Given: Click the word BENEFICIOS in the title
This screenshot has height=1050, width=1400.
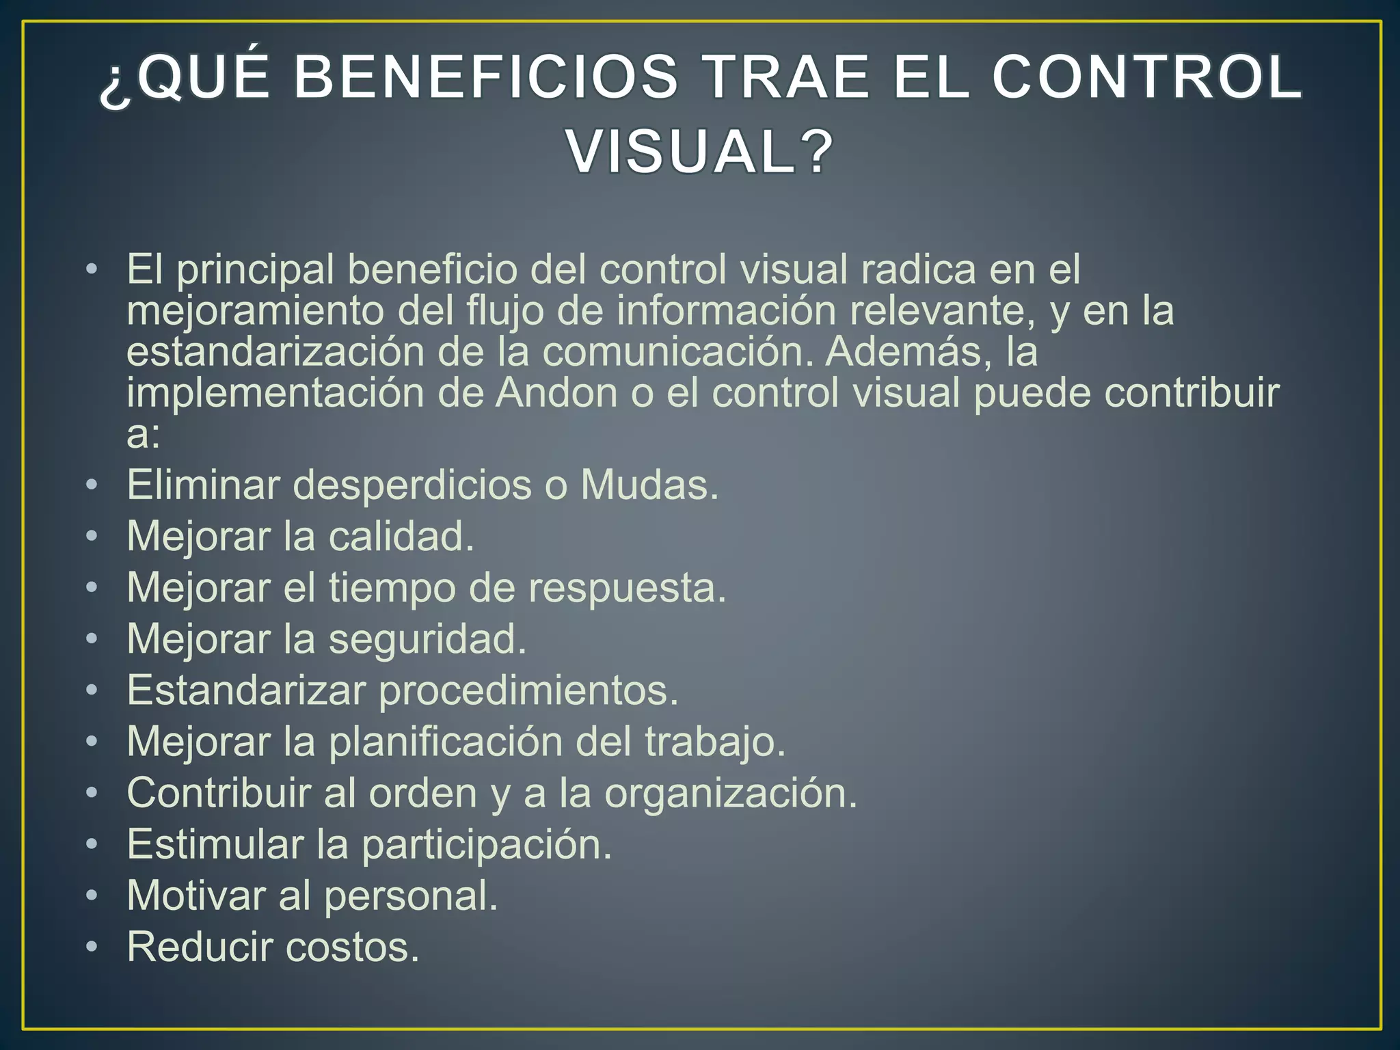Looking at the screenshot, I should [486, 77].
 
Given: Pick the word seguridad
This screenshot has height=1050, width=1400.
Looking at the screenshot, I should [428, 639].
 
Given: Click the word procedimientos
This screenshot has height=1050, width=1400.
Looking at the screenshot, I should [528, 690].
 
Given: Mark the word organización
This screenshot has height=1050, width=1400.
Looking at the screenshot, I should [731, 794].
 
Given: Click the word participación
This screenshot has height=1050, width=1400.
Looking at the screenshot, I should [487, 845].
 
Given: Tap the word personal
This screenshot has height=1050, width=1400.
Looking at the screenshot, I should [411, 896].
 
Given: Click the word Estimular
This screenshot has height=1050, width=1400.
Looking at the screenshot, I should [215, 845].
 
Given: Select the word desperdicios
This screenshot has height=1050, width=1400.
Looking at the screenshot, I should [413, 485].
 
